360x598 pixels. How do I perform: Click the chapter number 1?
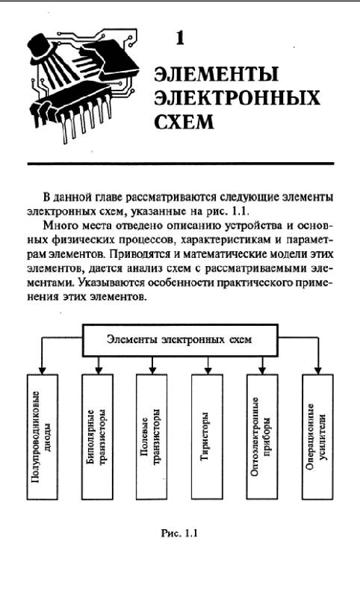point(180,38)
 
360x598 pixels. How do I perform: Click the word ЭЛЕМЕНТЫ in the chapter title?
point(216,74)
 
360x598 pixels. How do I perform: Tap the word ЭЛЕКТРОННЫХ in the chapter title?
point(237,98)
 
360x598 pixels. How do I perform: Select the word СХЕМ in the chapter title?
point(184,122)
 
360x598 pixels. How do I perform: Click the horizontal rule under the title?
point(181,164)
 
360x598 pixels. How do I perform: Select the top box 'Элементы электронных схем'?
point(180,340)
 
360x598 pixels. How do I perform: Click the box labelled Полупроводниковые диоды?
point(43,437)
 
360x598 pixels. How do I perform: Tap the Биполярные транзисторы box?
point(97,437)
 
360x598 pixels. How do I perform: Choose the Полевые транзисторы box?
point(152,437)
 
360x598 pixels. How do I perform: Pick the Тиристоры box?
point(207,437)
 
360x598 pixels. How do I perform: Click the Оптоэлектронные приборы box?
point(261,437)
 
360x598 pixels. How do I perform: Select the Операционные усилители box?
point(317,437)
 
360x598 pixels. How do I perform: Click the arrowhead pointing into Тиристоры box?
point(208,370)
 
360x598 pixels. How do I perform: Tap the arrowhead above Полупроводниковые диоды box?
point(43,370)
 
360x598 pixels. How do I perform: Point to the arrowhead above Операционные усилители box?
point(317,370)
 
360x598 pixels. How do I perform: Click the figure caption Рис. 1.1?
point(179,533)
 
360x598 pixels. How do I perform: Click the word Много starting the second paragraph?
point(55,226)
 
